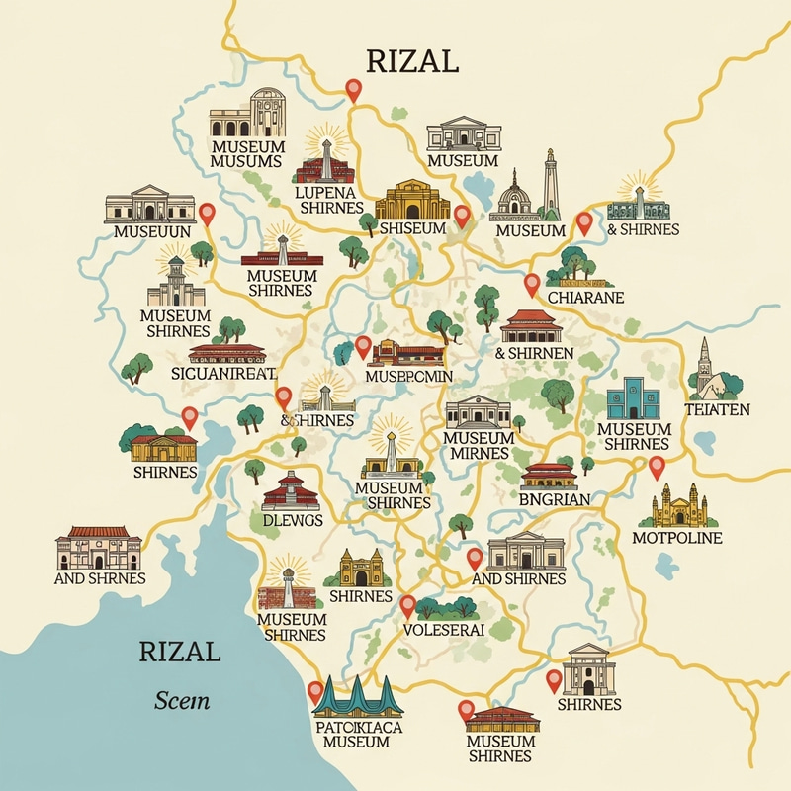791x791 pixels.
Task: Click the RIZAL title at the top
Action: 413,61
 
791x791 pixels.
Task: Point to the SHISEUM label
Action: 412,228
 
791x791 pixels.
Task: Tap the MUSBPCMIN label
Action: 408,376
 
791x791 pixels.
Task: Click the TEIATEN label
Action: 717,408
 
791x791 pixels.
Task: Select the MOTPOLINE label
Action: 676,538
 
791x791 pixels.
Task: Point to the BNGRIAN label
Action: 554,500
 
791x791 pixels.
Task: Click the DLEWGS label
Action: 292,521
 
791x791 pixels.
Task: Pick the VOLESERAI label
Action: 444,629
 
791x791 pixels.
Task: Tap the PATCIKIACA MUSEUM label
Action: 356,734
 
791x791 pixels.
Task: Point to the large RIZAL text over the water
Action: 180,652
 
